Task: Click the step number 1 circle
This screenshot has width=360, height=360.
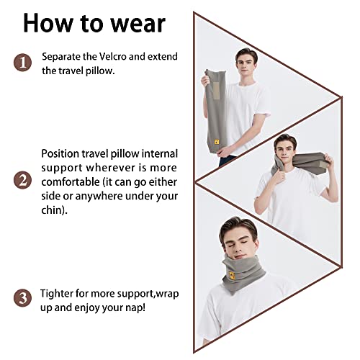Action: tap(22, 63)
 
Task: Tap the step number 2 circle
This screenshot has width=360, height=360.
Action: tap(22, 180)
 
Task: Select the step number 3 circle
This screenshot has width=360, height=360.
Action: tap(22, 298)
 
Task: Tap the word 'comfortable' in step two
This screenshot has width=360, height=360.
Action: tap(71, 182)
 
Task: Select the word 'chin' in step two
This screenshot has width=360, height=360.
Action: tap(52, 210)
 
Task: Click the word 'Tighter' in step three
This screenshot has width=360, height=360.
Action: tap(56, 294)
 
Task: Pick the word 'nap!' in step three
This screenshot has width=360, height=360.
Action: tap(136, 308)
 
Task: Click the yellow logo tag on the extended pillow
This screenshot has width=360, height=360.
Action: tap(217, 142)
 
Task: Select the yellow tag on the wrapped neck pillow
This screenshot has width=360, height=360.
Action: tap(232, 275)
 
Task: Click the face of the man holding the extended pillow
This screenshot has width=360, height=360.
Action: tap(246, 65)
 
